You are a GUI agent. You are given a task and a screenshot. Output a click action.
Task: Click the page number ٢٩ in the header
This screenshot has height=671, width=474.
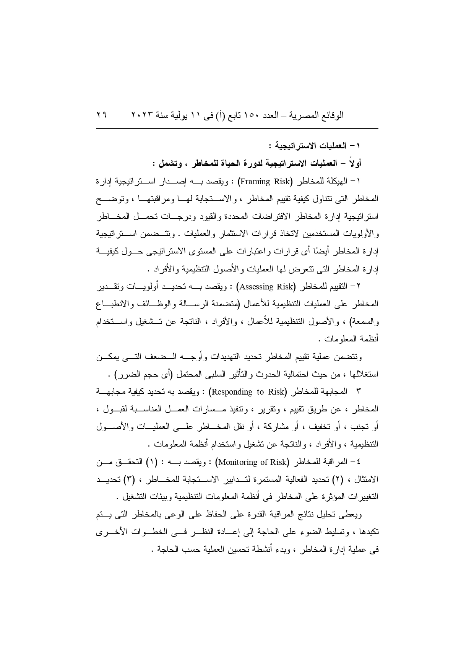[102, 115]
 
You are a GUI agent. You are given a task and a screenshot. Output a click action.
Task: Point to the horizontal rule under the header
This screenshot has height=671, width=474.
[237, 128]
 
